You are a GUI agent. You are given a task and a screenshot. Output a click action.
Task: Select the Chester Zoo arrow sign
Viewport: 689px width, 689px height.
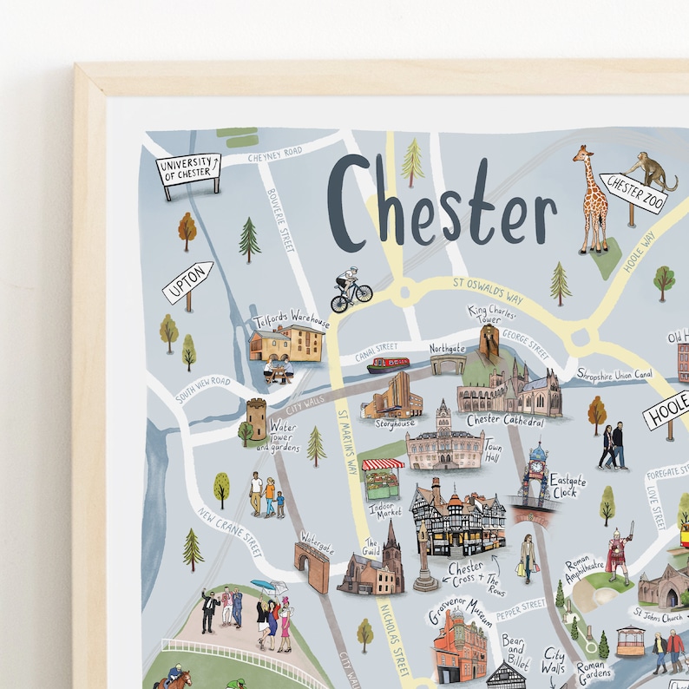635,194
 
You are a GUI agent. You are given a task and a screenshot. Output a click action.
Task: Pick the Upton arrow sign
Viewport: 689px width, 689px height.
187,282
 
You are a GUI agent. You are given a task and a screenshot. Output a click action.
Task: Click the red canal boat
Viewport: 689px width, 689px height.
387,364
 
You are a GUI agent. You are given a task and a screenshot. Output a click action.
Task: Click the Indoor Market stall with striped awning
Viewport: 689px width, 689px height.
382,478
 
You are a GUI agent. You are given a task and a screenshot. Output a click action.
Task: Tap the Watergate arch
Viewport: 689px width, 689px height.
313,563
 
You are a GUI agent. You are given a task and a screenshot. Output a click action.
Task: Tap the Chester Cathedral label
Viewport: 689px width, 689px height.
505,421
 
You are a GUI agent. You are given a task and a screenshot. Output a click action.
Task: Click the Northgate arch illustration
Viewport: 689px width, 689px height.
447,363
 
